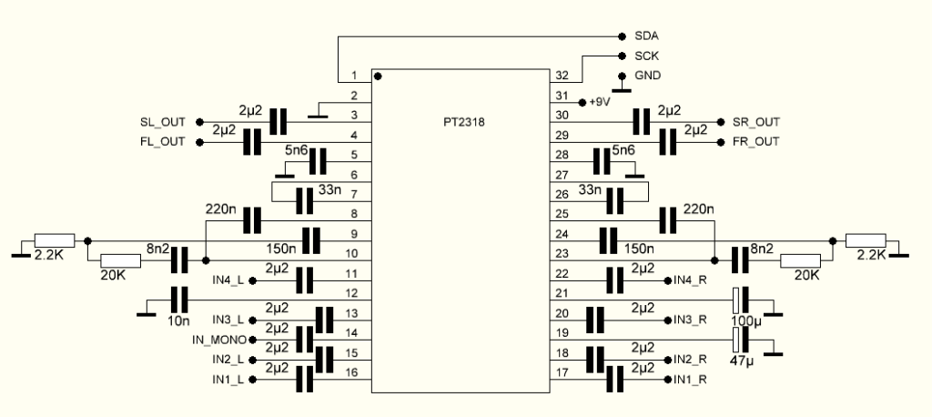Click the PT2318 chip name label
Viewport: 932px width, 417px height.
coord(465,120)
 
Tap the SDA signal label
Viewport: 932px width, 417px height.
coord(646,36)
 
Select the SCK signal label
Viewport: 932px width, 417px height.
coord(647,56)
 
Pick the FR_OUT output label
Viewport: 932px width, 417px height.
coord(756,142)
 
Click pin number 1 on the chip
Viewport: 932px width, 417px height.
coord(355,76)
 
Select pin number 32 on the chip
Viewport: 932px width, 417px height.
coord(562,76)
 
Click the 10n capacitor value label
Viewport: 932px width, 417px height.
coord(177,320)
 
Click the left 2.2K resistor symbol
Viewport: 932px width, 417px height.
coord(60,240)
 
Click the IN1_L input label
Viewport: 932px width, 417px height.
coord(228,379)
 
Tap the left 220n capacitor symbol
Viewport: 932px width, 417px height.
coord(251,220)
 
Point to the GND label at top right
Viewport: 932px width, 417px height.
coord(647,75)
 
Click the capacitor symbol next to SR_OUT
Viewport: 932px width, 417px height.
coord(643,121)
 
